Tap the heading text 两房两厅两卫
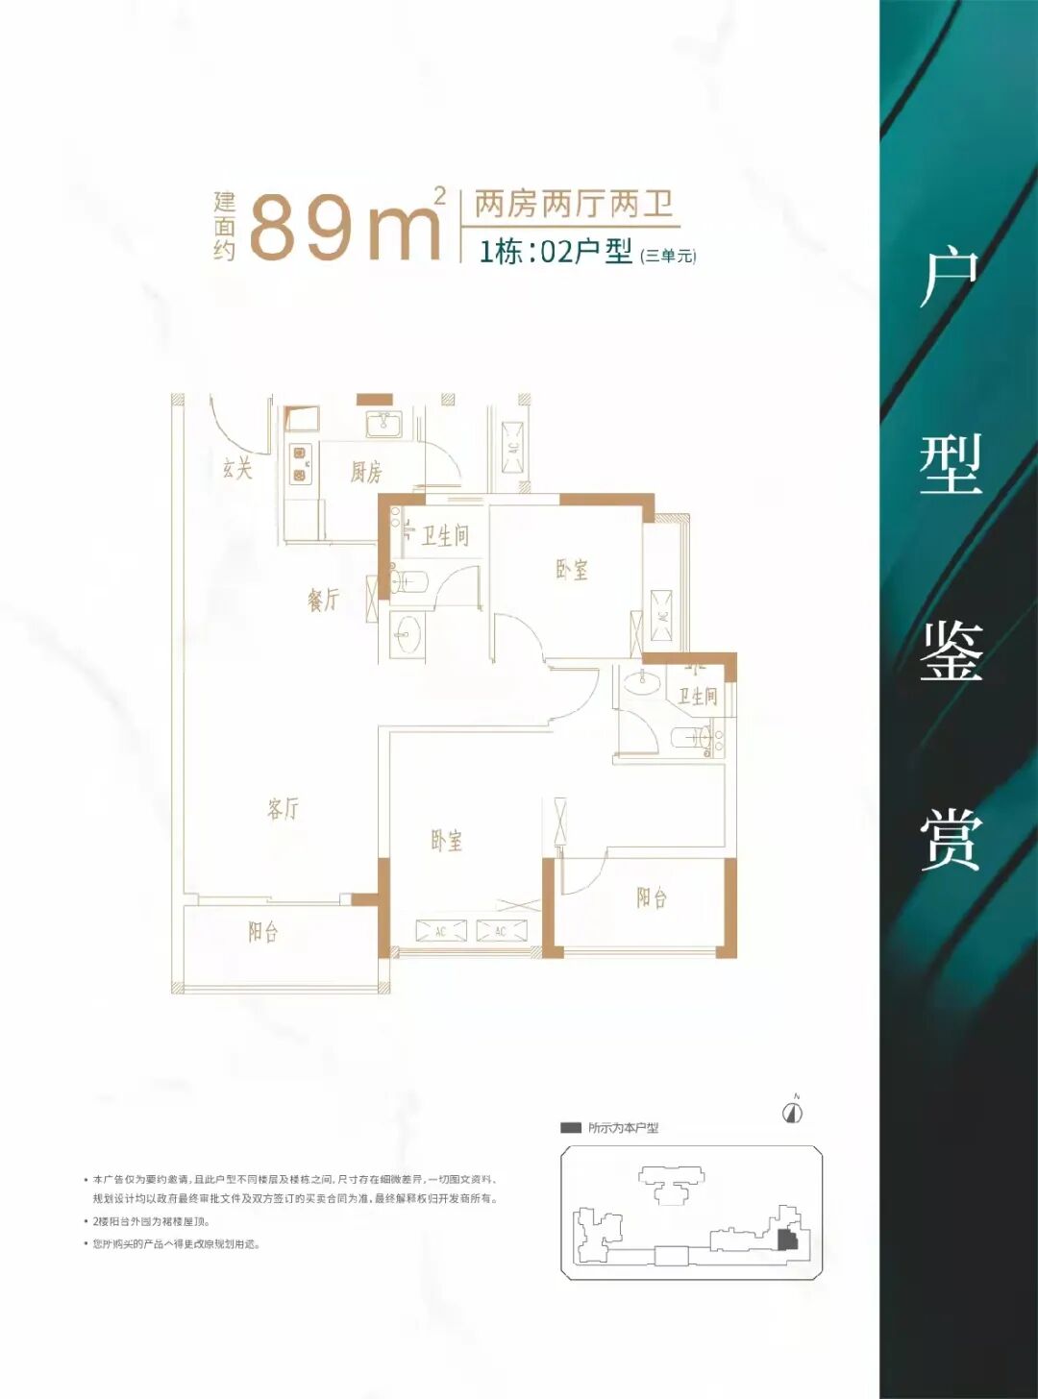point(573,204)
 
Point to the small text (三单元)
point(668,256)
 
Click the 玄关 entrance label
point(237,468)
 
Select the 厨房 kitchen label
point(366,472)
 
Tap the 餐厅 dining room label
point(324,600)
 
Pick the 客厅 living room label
point(283,809)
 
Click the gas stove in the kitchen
point(301,464)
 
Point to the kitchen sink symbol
point(383,423)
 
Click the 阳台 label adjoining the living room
point(263,932)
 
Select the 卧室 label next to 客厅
point(446,841)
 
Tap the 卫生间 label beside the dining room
point(445,535)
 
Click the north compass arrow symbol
point(793,1112)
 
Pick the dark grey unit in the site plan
point(787,1239)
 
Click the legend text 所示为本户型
point(623,1128)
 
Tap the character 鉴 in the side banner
point(951,651)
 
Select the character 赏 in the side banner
point(951,840)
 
